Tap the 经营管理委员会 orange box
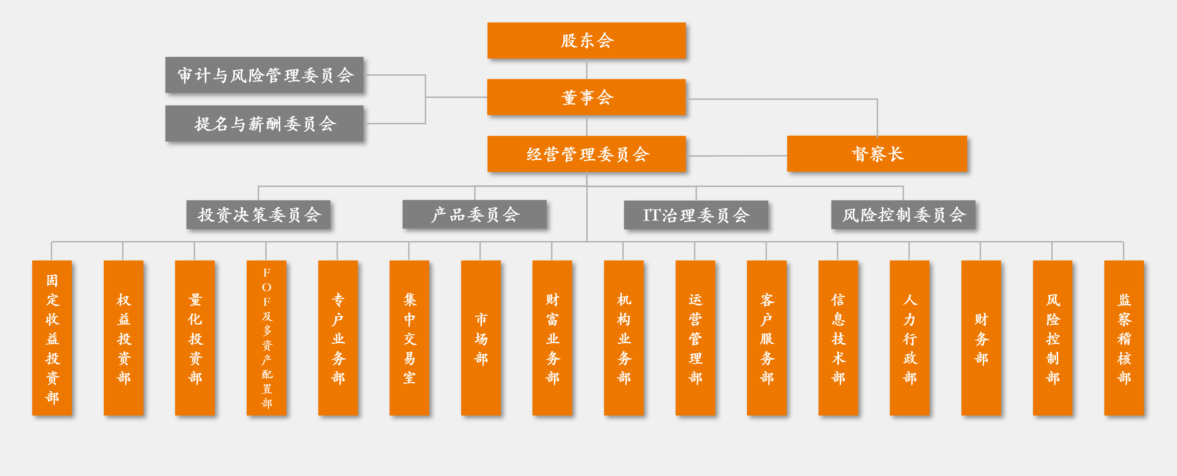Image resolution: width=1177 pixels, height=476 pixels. pyautogui.click(x=586, y=154)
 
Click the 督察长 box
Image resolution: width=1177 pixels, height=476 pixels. pyautogui.click(x=877, y=154)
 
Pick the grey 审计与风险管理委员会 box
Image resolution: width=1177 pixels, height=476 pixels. pyautogui.click(x=264, y=75)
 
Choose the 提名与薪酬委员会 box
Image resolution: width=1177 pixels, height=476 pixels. pyautogui.click(x=264, y=123)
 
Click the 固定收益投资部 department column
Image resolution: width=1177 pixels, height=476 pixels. pyautogui.click(x=52, y=338)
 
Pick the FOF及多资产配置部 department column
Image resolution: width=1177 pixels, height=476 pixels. pyautogui.click(x=266, y=338)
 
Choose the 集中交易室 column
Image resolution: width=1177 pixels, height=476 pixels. pyautogui.click(x=409, y=338)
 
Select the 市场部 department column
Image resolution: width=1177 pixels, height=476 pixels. pyautogui.click(x=481, y=338)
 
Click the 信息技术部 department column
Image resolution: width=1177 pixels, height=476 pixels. pyautogui.click(x=838, y=338)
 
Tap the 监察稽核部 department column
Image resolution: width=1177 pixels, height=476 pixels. pyautogui.click(x=1124, y=338)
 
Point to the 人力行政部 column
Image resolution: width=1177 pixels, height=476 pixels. pyautogui.click(x=910, y=338)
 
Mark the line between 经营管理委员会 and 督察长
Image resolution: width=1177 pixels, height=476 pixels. pyautogui.click(x=737, y=156)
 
